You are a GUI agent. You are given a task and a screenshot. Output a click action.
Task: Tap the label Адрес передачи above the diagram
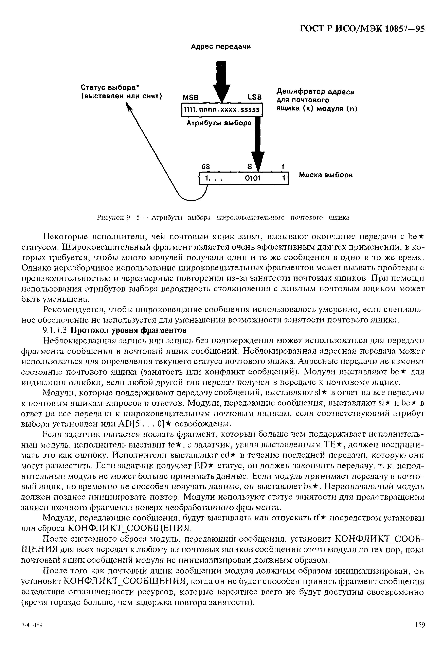221,47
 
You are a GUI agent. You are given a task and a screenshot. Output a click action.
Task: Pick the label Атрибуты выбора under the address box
219,123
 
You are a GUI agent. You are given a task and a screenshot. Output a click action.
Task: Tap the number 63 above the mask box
206,166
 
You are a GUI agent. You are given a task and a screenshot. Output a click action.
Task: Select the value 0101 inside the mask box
253,178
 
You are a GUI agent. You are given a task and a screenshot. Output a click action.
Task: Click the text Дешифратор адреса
315,92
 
